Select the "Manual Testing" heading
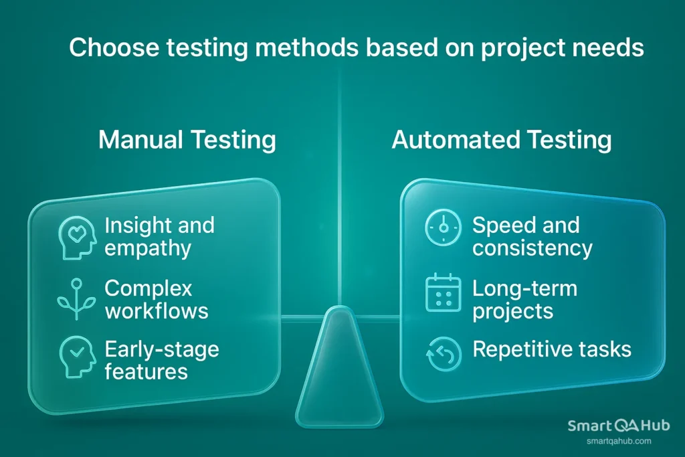click(187, 140)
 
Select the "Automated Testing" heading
click(501, 140)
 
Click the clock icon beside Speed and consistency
click(443, 227)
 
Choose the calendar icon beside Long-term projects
click(443, 293)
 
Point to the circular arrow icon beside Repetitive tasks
click(443, 354)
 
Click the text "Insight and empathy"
click(159, 237)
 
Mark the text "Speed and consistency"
click(532, 237)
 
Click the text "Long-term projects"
click(524, 300)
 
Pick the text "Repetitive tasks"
click(551, 349)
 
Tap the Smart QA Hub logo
click(618, 426)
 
